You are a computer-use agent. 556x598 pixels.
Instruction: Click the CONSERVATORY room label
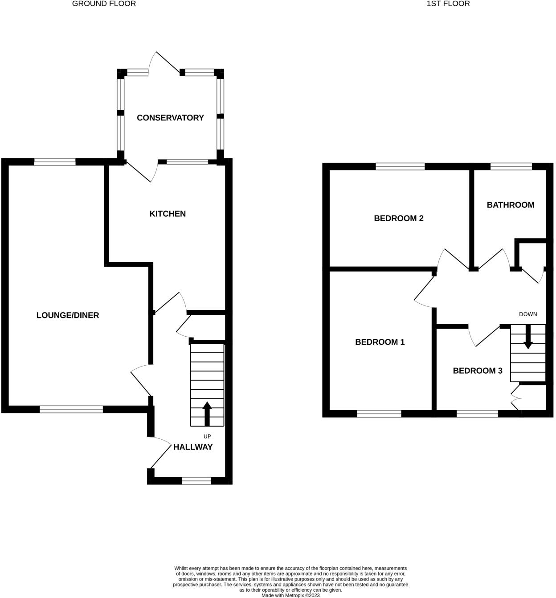[170, 118]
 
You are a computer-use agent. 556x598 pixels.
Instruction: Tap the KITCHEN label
[168, 214]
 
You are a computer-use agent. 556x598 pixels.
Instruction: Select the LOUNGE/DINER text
[68, 315]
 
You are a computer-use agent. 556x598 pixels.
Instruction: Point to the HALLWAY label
[193, 447]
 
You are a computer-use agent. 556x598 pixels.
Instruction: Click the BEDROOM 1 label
[380, 342]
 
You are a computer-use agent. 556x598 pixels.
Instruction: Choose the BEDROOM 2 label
[398, 218]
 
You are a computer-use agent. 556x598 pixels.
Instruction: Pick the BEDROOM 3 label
[478, 371]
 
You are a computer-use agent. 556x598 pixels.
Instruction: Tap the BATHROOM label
[510, 205]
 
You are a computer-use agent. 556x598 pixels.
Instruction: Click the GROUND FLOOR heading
[104, 4]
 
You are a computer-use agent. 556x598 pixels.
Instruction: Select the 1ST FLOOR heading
[448, 4]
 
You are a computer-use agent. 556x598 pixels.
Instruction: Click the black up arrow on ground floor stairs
[207, 414]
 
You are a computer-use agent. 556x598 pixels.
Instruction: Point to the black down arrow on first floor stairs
[528, 337]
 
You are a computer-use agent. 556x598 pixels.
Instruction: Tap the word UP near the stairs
[207, 437]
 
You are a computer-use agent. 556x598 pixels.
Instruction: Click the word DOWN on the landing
[528, 314]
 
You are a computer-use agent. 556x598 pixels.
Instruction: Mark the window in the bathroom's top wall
[511, 167]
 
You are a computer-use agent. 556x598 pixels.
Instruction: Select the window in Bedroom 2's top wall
[400, 167]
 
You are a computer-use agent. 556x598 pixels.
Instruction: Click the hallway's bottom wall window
[196, 480]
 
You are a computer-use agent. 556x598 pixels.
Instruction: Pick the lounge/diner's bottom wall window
[71, 409]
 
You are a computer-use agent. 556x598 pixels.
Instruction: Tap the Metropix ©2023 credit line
[290, 595]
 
